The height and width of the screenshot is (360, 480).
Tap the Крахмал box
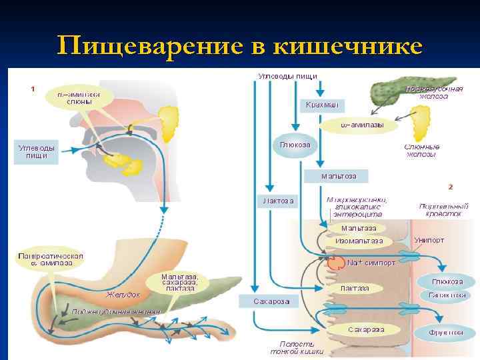pos(322,105)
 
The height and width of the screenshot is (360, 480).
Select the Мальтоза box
pos(339,176)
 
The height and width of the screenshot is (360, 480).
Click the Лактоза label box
pos(276,199)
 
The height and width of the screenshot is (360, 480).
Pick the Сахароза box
pos(271,301)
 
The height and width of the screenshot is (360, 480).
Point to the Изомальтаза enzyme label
pos(359,241)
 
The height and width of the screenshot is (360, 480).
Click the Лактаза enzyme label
pos(355,288)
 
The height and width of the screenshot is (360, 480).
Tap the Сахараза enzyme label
pos(366,329)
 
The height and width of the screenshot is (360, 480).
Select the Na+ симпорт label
pos(371,263)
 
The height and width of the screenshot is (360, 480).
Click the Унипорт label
pos(429,239)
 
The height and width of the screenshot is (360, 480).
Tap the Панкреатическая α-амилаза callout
pos(50,259)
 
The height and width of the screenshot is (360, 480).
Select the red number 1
pos(33,87)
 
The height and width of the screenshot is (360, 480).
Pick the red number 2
pos(451,186)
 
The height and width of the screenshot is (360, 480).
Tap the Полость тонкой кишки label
pos(297,347)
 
